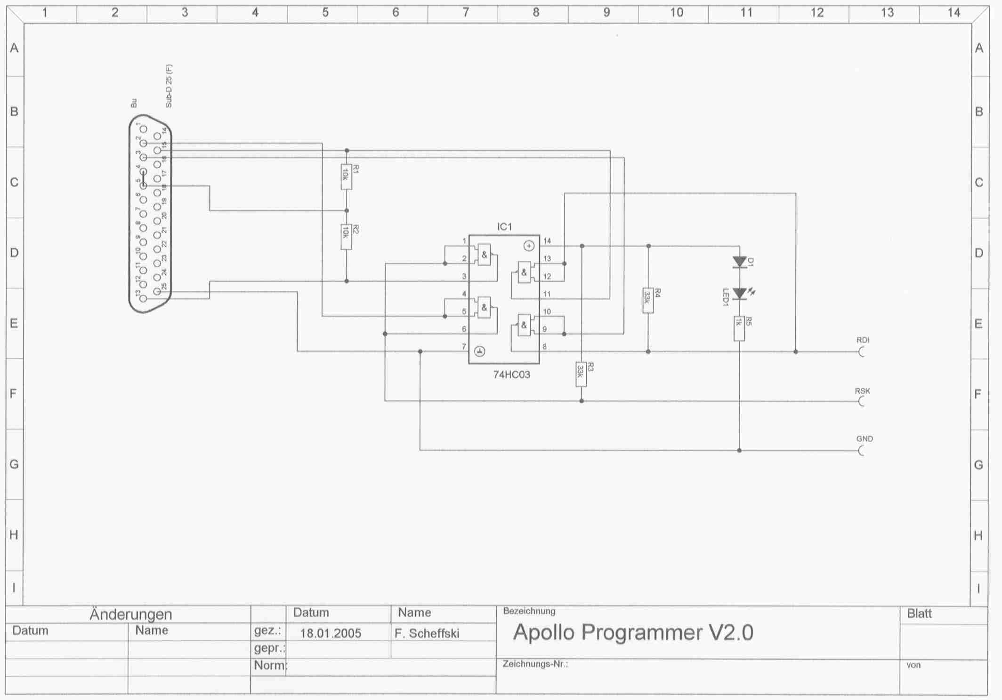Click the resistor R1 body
pos(346,177)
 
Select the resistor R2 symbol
pos(346,237)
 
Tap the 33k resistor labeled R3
pos(581,374)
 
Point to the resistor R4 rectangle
pos(648,301)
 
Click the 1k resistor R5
pos(739,328)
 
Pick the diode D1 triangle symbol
pos(739,262)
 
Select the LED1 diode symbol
pos(739,294)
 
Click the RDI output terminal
pos(862,352)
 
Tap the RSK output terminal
pos(862,401)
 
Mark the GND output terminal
pos(862,451)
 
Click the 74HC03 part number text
pos(511,375)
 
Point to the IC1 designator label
pos(504,227)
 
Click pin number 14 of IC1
pos(547,241)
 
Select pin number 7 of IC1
pos(464,347)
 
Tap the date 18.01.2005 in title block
pos(331,633)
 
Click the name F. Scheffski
pos(427,634)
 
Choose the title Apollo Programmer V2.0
pos(633,633)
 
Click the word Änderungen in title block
pos(130,614)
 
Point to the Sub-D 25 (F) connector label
pos(169,86)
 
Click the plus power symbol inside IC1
pos(529,246)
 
